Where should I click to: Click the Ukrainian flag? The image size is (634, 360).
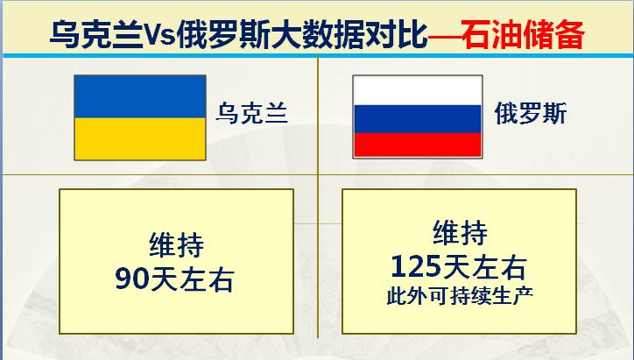coord(139,116)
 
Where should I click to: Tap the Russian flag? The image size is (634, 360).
coord(416,116)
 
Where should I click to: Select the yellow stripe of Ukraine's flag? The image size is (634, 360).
coord(139,137)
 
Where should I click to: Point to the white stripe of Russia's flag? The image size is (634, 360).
coord(416,89)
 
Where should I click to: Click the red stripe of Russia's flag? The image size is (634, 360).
coord(416,145)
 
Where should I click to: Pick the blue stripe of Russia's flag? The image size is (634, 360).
coord(416,117)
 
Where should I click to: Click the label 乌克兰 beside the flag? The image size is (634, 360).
coord(252,115)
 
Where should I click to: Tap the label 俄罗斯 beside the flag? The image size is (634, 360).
coord(530,115)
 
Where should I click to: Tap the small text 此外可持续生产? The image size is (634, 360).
coord(460,294)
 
